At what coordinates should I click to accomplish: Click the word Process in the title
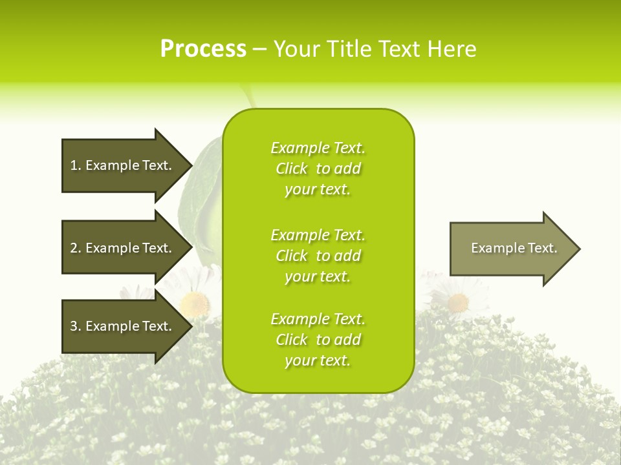tap(203, 49)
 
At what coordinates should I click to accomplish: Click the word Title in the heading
tap(350, 49)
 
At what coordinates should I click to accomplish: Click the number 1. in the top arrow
tap(75, 165)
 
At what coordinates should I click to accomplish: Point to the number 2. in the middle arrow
tap(75, 248)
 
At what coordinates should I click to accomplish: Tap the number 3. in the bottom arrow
tap(75, 326)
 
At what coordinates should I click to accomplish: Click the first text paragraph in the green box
tap(318, 169)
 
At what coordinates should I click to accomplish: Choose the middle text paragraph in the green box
tap(318, 256)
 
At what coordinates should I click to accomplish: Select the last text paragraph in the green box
tap(318, 340)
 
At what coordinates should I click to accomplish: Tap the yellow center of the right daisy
tap(458, 302)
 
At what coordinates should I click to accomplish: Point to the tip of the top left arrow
tap(191, 165)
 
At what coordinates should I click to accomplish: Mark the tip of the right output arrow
tap(579, 249)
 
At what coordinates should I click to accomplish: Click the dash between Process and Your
tap(259, 50)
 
